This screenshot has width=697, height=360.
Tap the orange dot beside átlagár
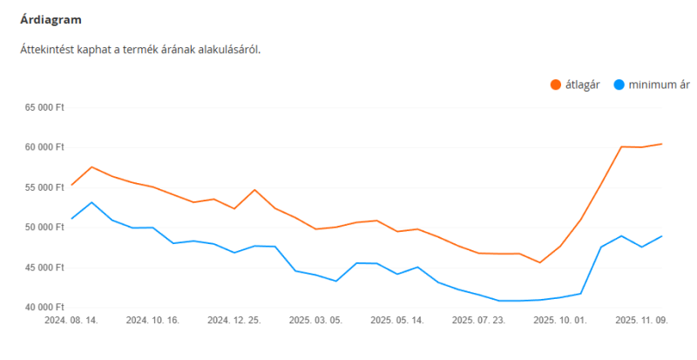click(x=555, y=85)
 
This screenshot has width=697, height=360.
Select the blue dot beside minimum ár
click(x=619, y=85)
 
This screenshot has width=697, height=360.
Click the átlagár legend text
click(x=583, y=85)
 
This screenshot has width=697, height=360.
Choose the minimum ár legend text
click(x=660, y=85)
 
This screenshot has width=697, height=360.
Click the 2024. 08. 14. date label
click(x=71, y=321)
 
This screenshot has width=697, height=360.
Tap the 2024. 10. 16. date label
click(x=152, y=321)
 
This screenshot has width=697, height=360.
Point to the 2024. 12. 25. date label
click(x=233, y=321)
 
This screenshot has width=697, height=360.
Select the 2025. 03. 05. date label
click(x=315, y=321)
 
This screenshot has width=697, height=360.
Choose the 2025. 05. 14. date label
click(x=396, y=321)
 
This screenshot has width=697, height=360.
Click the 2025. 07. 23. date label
click(x=478, y=321)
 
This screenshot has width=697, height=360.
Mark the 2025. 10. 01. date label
click(x=559, y=321)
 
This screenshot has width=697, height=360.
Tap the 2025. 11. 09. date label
click(x=641, y=321)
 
